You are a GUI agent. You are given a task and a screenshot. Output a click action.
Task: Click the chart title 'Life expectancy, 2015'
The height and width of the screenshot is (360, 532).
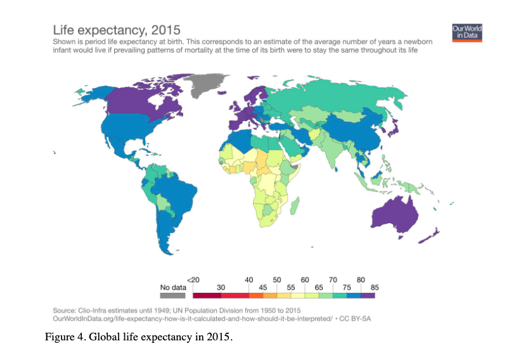point(116,30)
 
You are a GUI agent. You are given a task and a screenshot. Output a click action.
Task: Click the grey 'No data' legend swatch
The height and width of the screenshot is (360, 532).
point(173,295)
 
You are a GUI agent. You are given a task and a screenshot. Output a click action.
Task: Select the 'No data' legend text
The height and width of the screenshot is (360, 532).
point(173,287)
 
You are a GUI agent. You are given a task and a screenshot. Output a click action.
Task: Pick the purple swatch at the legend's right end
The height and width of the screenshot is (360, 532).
point(369,295)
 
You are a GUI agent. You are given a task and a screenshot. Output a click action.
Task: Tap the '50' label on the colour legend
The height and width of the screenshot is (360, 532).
point(277,280)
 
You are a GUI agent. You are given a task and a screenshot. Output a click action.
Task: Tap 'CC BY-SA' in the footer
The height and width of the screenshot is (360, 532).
point(354,318)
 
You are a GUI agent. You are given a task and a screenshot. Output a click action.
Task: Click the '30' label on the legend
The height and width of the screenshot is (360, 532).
point(221,287)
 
